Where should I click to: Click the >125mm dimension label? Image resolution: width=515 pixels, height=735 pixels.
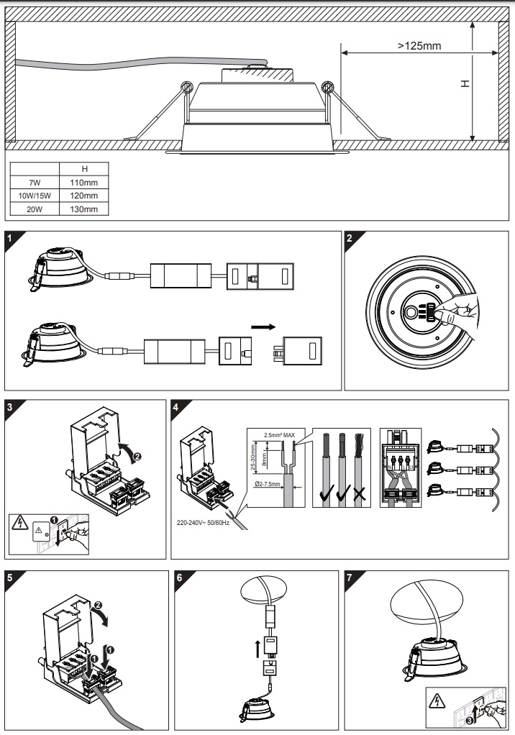pos(419,45)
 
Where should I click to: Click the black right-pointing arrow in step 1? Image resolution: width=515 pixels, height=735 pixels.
pos(262,327)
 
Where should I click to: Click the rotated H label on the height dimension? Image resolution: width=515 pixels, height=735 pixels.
pos(465,83)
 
